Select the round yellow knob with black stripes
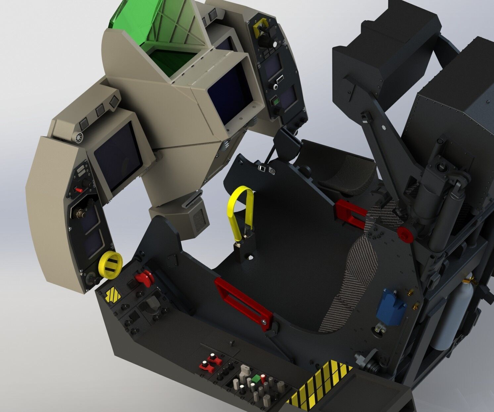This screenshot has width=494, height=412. click(x=110, y=265)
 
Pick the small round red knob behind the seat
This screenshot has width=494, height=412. click(x=405, y=234)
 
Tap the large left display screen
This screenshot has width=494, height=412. click(x=118, y=156)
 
